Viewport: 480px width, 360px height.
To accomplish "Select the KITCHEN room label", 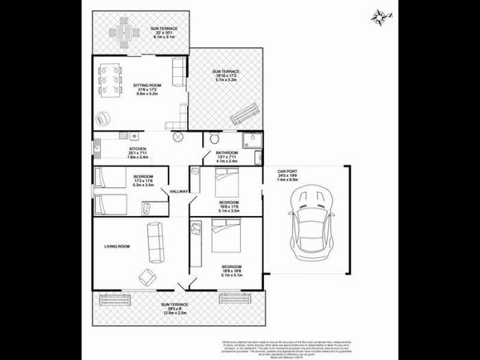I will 138,149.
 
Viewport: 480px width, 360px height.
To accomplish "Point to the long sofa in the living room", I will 155,242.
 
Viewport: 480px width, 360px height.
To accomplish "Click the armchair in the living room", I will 146,278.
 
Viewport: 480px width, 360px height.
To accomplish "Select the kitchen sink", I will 95,147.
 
